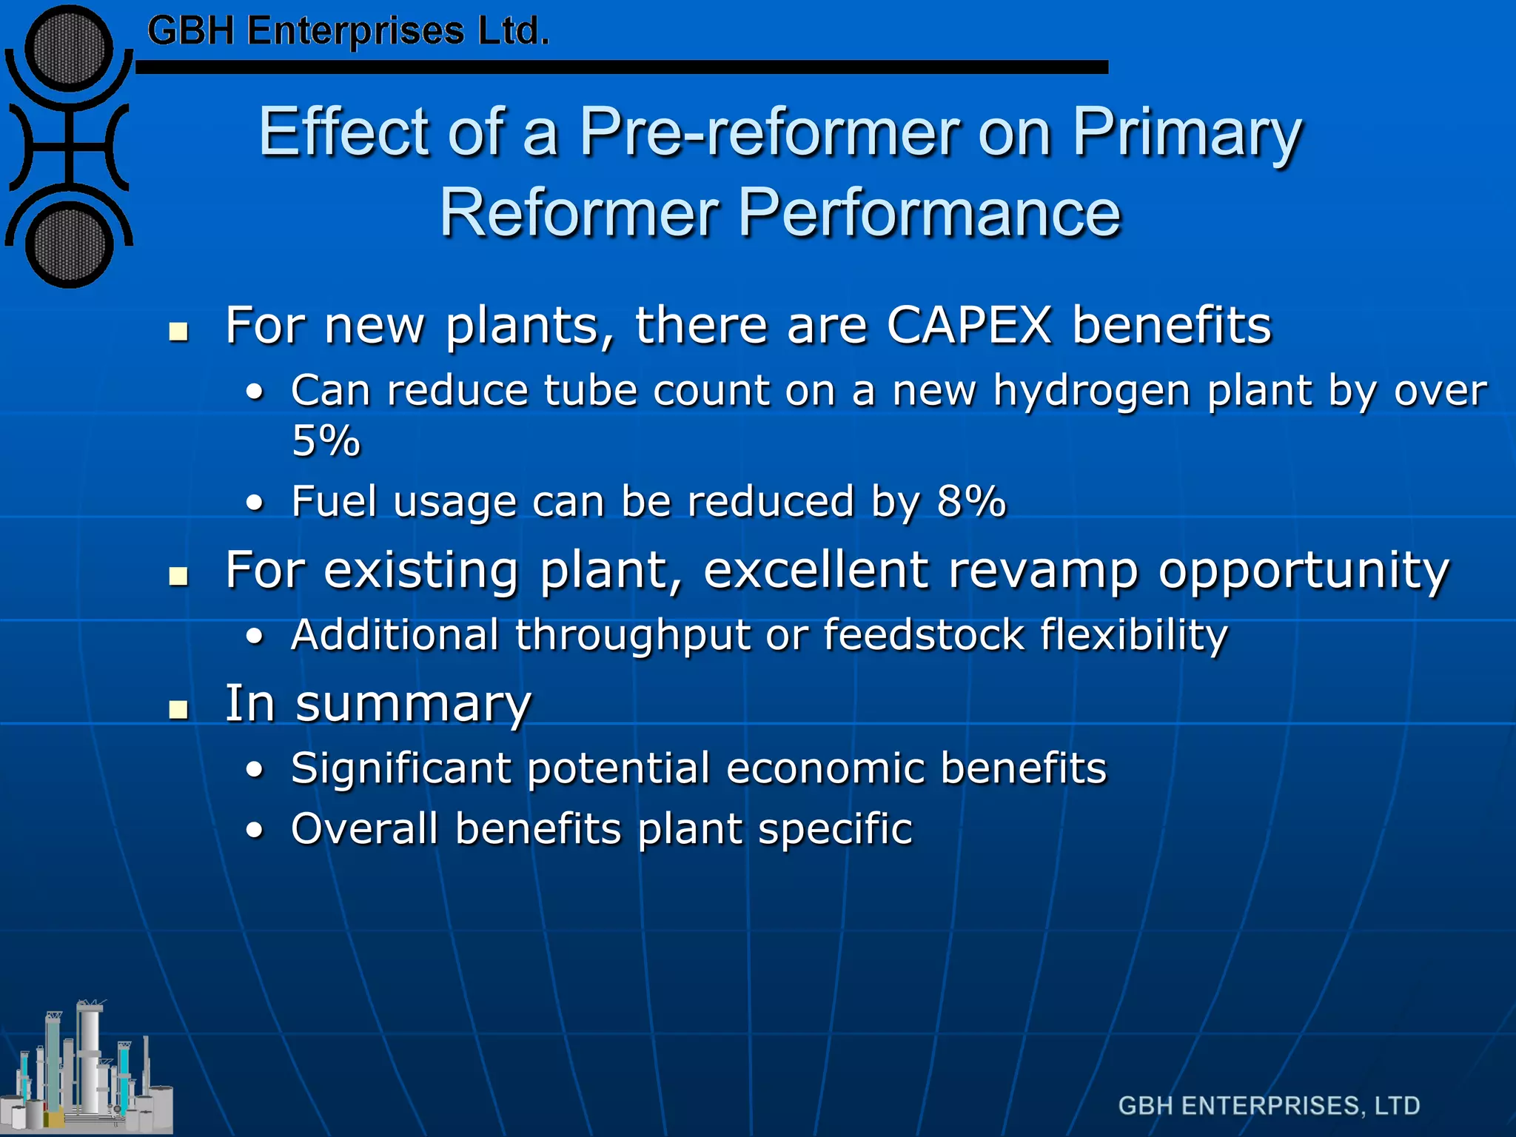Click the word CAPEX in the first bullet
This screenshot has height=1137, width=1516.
(968, 326)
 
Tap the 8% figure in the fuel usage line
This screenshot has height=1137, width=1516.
(971, 502)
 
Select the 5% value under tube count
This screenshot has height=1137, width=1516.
(326, 442)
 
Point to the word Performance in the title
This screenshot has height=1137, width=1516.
(930, 213)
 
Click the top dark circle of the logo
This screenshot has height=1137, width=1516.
(69, 49)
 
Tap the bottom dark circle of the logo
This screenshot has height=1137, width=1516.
(69, 246)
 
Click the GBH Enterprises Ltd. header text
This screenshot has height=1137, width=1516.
(348, 32)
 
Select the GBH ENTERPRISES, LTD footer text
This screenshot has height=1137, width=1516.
(1269, 1106)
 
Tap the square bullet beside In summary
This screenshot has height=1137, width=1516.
(178, 710)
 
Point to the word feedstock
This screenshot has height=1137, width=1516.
(923, 635)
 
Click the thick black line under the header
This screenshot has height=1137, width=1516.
(622, 67)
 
